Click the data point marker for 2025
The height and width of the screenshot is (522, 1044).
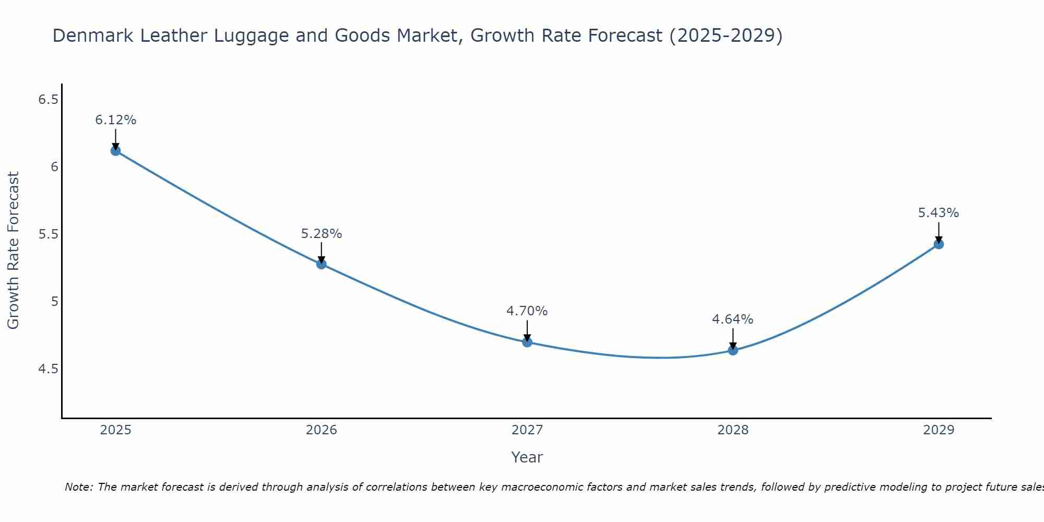coord(115,151)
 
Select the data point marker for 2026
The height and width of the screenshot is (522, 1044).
coord(321,264)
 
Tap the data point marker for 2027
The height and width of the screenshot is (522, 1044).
coord(527,342)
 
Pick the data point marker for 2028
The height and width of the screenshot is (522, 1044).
coord(733,350)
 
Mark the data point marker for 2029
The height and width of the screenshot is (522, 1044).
coord(939,244)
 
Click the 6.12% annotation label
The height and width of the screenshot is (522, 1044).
coord(115,120)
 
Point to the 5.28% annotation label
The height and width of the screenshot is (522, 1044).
coord(321,234)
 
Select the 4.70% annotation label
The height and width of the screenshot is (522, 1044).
coord(527,311)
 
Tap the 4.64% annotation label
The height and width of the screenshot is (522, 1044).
coord(732,319)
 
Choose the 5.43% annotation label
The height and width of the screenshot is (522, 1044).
coord(938,213)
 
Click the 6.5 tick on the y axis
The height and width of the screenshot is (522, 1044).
coord(48,99)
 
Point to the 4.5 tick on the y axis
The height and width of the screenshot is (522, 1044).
coord(48,369)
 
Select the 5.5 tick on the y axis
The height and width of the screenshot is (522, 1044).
coord(48,234)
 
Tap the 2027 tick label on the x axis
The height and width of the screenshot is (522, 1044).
coord(527,430)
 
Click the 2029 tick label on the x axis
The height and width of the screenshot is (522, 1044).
coord(939,430)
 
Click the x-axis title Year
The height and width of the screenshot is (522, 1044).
coord(527,457)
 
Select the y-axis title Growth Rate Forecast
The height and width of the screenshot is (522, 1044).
coord(14,251)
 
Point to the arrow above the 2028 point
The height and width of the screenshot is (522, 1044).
coord(733,338)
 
